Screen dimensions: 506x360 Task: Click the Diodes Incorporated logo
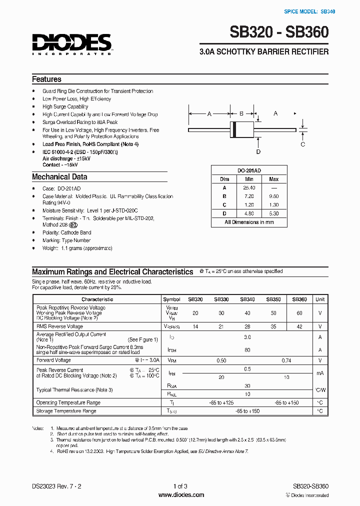(72, 43)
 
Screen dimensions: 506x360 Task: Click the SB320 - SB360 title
(279, 32)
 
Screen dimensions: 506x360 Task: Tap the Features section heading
(46, 79)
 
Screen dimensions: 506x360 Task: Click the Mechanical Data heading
(59, 176)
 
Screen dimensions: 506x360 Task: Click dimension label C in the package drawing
(302, 144)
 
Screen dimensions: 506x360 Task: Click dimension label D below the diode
(258, 151)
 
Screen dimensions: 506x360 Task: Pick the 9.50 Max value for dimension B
(273, 196)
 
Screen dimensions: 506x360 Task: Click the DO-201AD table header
(248, 170)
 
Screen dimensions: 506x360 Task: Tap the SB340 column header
(247, 299)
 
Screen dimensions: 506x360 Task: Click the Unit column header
(319, 299)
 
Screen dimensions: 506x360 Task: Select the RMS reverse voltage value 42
(299, 326)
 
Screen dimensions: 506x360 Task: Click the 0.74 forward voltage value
(286, 360)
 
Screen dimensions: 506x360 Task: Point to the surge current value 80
(247, 350)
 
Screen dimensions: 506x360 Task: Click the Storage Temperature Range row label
(66, 411)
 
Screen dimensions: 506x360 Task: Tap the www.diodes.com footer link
(180, 495)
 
